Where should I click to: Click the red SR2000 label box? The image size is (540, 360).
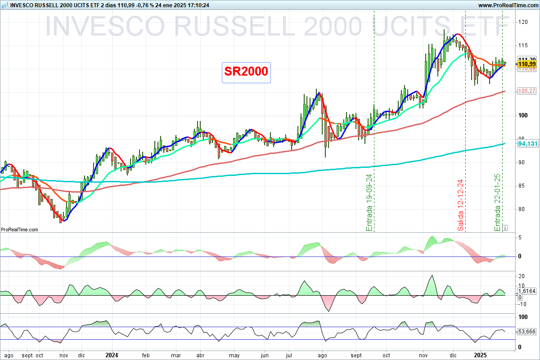click(246, 72)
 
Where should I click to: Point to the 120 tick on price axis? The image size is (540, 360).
click(523, 22)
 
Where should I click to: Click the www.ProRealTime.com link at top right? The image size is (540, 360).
click(508, 5)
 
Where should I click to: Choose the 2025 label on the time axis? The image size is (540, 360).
click(481, 355)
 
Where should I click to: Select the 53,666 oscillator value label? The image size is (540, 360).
click(528, 332)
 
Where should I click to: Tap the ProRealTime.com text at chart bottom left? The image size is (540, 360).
click(19, 229)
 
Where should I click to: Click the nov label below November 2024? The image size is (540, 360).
click(424, 355)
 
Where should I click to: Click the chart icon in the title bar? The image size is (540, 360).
click(4, 5)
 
